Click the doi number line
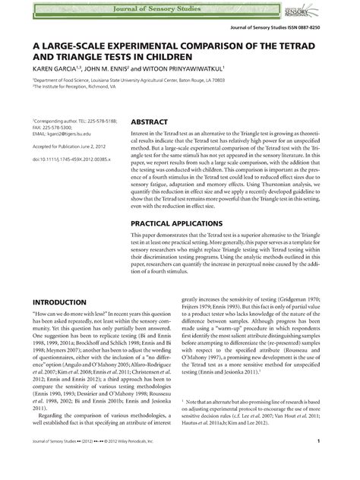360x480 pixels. coord(70,159)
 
